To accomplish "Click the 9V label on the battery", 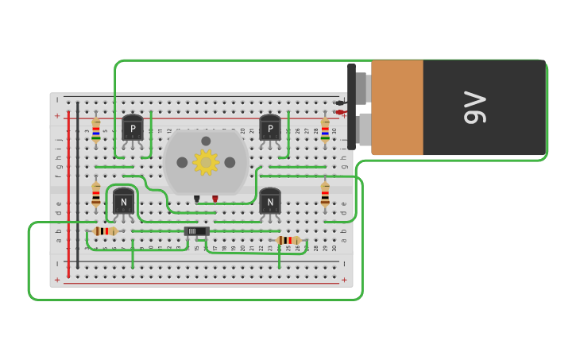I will coord(474,107).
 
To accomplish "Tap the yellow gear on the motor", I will coord(206,162).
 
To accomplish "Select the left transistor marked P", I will coord(133,128).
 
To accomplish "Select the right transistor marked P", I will coord(270,128).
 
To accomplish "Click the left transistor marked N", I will coord(123,201).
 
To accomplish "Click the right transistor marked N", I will coord(270,201).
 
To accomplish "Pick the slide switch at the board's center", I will coord(195,231).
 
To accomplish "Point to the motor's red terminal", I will coord(215,199).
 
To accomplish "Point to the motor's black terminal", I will coord(197,199).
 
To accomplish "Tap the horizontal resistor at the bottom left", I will coord(105,231).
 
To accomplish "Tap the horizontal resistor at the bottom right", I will coord(288,240).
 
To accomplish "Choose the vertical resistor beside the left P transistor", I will coord(96,130).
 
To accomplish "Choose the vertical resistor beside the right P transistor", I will coord(325,130).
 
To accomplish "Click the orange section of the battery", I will coord(397,107).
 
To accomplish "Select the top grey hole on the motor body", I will coord(206,141).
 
